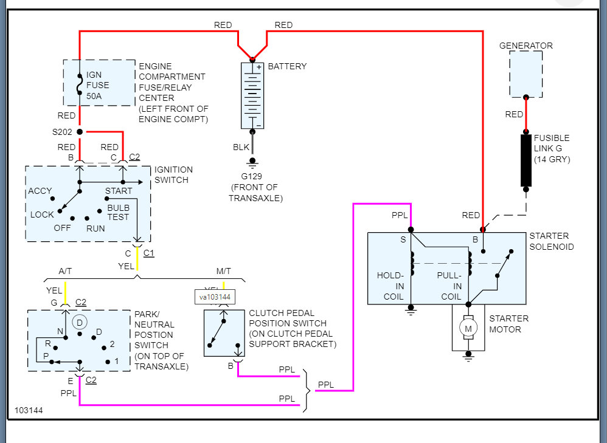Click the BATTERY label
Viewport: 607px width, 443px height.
tap(287, 66)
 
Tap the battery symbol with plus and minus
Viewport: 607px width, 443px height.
tap(252, 94)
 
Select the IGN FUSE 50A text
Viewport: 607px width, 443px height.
tap(98, 85)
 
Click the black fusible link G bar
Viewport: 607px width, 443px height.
tap(526, 160)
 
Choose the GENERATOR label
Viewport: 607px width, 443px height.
tap(525, 46)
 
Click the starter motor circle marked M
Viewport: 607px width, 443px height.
tap(468, 329)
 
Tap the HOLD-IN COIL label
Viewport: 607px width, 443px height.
tap(390, 286)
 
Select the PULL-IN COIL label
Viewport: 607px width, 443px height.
tap(449, 286)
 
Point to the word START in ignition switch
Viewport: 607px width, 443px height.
tap(119, 191)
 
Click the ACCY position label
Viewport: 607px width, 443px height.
tap(40, 191)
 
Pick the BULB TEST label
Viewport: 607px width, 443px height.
tap(118, 213)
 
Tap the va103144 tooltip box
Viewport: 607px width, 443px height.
tap(215, 297)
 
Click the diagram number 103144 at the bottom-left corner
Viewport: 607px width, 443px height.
tap(29, 410)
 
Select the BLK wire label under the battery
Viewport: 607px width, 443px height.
tap(241, 147)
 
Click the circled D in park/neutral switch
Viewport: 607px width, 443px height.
tap(79, 321)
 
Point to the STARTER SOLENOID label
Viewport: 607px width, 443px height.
tap(549, 241)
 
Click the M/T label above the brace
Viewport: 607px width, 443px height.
tap(223, 270)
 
